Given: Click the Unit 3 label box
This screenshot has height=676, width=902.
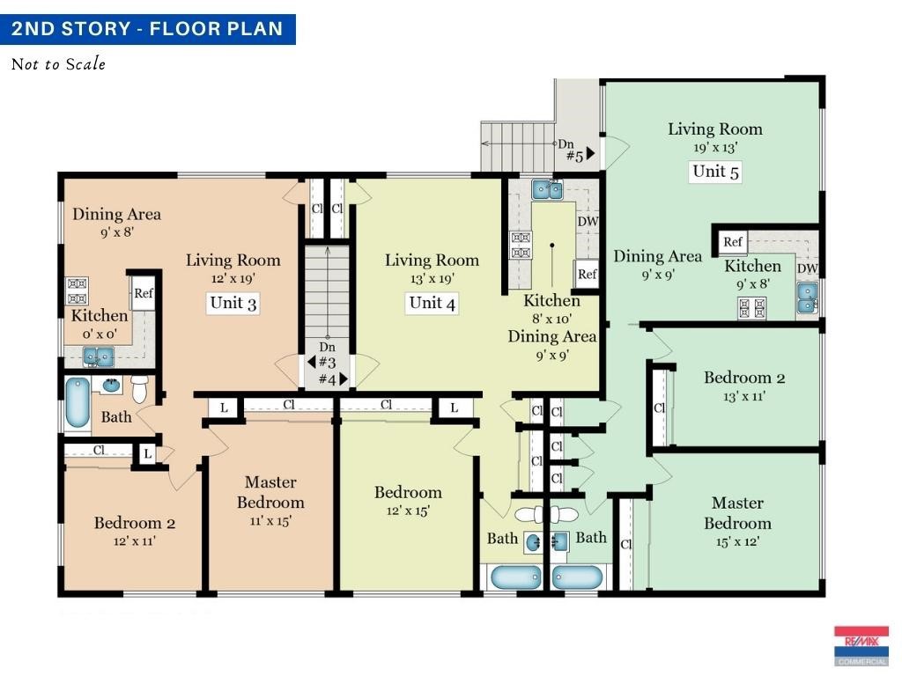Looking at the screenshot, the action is click(x=233, y=303).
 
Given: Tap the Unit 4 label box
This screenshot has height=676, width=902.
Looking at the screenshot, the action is click(x=432, y=303).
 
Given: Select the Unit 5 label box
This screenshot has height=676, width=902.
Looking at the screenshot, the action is click(x=715, y=172).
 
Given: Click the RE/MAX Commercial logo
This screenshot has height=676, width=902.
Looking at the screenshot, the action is click(x=861, y=645).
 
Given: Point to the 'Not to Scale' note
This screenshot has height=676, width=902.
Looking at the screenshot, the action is click(x=58, y=63).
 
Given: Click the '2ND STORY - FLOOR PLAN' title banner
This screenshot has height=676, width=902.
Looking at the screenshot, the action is click(x=148, y=29).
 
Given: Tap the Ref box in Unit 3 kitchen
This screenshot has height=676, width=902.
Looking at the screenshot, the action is click(x=144, y=293).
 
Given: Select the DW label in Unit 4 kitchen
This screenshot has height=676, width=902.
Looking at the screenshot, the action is click(x=588, y=221).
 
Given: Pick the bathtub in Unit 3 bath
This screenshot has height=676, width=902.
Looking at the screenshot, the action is click(x=78, y=403).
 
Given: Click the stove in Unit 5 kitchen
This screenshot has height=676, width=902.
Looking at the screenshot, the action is click(x=752, y=308).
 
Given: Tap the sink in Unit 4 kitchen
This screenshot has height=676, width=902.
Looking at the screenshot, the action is click(x=547, y=189).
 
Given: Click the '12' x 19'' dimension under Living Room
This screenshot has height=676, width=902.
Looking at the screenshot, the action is click(x=233, y=279).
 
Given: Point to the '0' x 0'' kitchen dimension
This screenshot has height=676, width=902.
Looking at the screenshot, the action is click(x=100, y=334).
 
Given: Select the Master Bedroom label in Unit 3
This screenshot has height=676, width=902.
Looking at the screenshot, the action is click(x=270, y=492).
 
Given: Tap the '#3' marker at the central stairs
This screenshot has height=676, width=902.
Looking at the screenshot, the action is click(x=327, y=362).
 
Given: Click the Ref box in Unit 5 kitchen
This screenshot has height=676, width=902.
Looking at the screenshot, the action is click(x=733, y=242).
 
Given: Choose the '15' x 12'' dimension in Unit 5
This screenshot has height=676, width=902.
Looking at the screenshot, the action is click(x=737, y=541).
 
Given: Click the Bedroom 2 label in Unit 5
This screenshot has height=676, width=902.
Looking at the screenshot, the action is click(x=744, y=378).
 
